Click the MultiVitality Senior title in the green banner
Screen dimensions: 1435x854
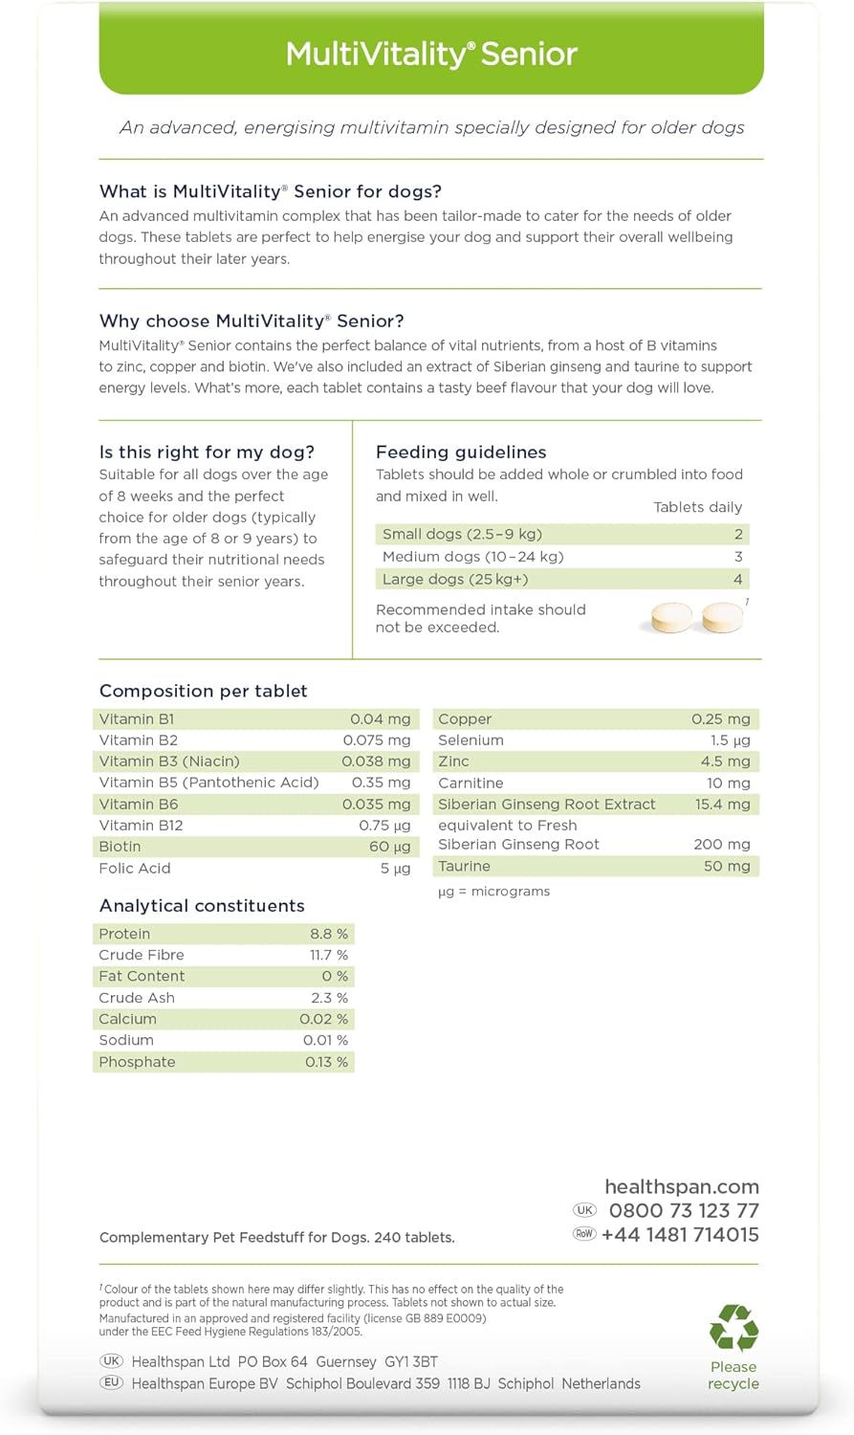tap(431, 54)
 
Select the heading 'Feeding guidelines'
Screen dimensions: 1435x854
tap(461, 453)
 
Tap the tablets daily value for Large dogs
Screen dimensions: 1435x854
tap(737, 579)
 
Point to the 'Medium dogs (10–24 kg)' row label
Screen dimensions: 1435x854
tap(472, 557)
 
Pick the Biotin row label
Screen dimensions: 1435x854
tap(120, 847)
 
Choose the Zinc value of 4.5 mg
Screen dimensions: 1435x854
tap(725, 762)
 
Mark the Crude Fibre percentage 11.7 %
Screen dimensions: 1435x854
tap(328, 955)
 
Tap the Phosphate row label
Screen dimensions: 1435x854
tap(137, 1062)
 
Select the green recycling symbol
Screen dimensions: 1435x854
tap(734, 1328)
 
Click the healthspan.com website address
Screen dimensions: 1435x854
tap(682, 1186)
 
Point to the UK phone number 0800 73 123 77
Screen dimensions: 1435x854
tap(684, 1210)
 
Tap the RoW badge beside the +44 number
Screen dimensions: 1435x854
tap(584, 1234)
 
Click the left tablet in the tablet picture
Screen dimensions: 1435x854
tap(671, 618)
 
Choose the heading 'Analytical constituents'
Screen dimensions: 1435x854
tap(202, 906)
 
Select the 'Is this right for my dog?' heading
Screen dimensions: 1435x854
tap(207, 453)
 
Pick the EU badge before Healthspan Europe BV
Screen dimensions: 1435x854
tap(112, 1383)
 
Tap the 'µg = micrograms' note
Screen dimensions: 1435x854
tap(493, 892)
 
